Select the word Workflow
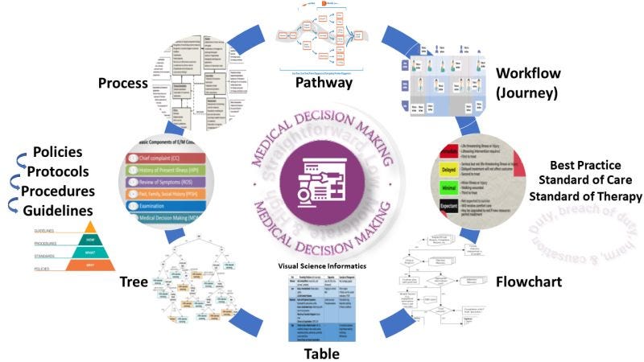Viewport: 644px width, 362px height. click(529, 75)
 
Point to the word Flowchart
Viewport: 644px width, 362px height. click(526, 282)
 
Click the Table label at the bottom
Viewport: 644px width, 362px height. click(321, 352)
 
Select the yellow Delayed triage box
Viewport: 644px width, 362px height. click(449, 171)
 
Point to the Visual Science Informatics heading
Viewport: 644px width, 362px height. click(322, 266)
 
